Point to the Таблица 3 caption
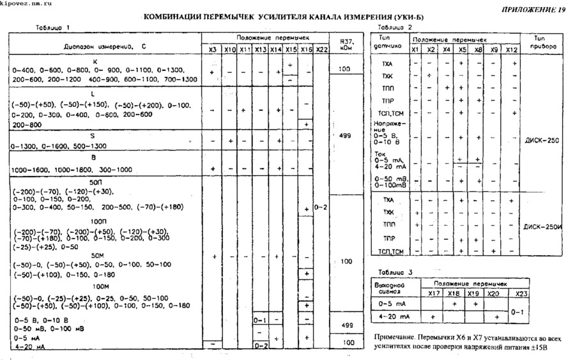click(395, 272)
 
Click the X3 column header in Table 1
click(213, 49)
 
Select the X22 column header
click(322, 49)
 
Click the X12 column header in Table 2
click(511, 49)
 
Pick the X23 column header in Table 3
click(521, 293)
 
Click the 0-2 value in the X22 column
click(321, 208)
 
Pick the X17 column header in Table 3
click(433, 293)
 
